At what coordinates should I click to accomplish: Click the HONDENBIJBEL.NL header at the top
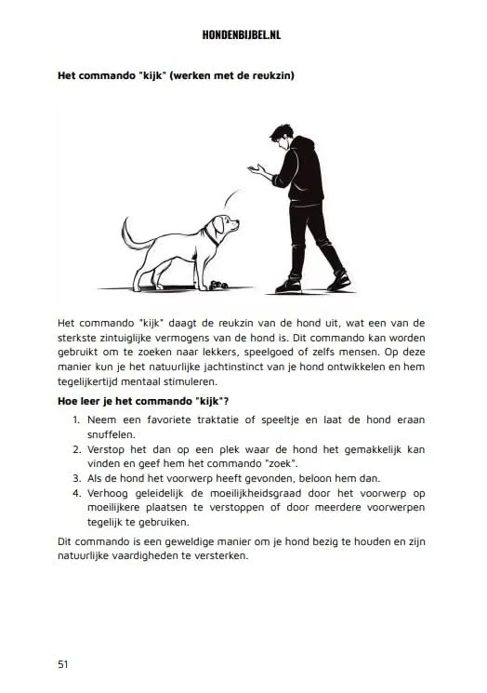click(243, 34)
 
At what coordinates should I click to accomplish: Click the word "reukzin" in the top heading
click(262, 75)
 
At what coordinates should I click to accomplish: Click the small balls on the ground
click(219, 285)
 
